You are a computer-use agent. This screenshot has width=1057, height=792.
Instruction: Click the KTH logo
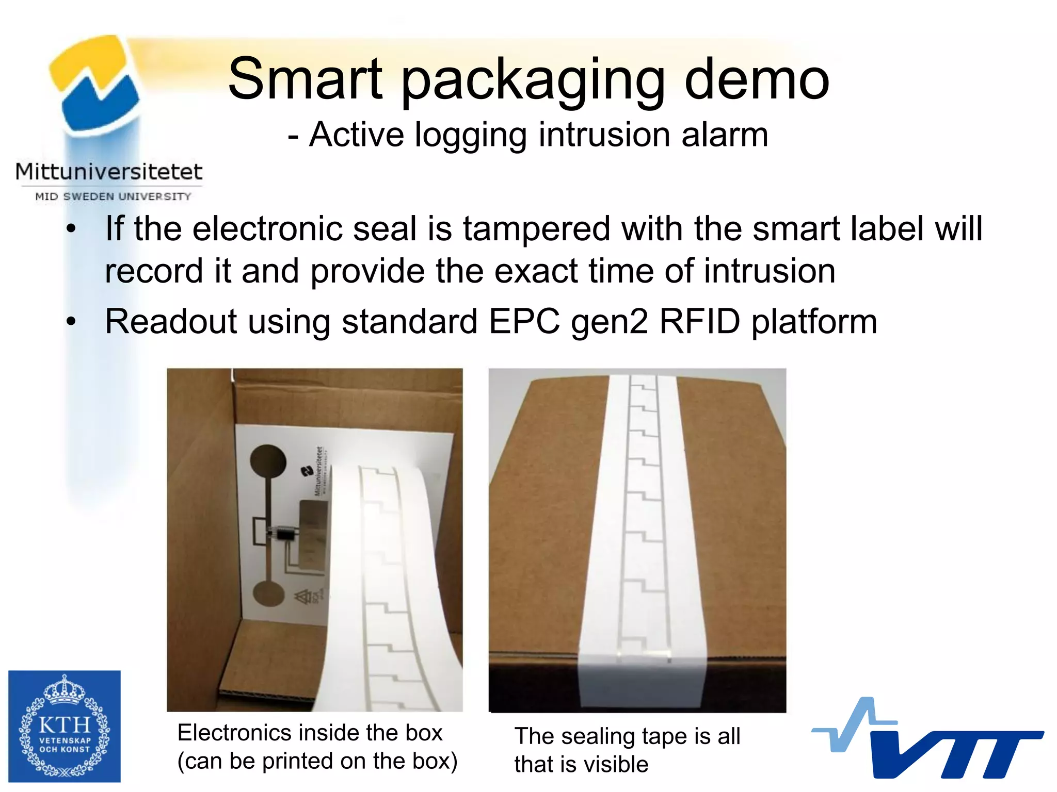click(65, 726)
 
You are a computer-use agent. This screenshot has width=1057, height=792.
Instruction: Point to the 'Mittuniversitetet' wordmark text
click(109, 172)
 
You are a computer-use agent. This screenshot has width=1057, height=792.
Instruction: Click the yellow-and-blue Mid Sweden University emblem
click(95, 82)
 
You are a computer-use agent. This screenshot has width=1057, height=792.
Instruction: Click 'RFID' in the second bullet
click(699, 322)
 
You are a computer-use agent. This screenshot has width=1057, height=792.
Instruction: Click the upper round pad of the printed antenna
click(268, 462)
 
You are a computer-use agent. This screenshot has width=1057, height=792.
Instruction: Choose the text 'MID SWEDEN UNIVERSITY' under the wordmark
click(113, 196)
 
